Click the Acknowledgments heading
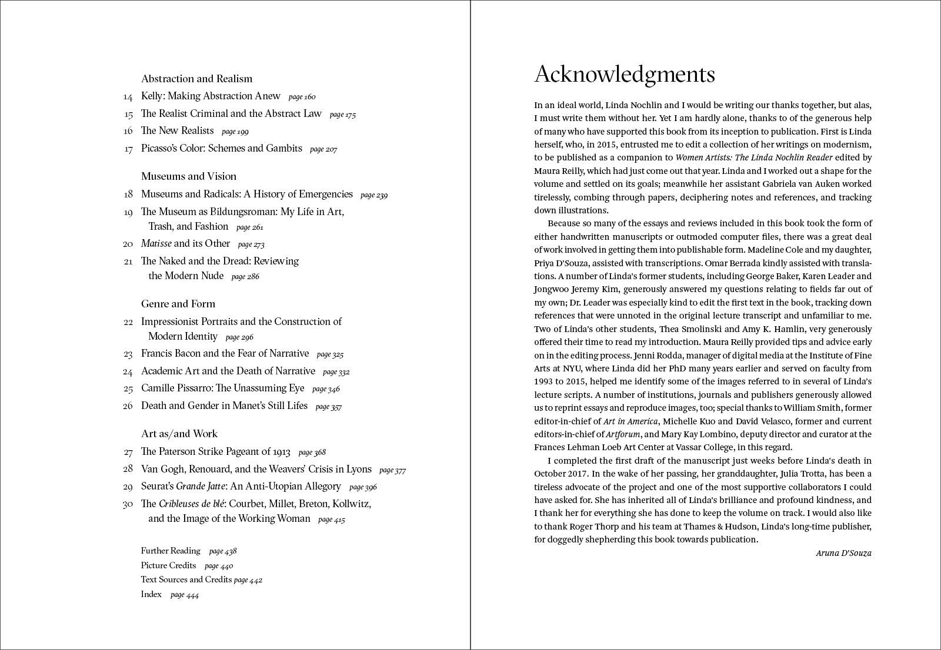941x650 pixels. point(624,75)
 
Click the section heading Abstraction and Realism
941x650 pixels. point(196,79)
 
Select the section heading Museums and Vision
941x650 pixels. point(188,176)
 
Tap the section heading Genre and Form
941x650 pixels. point(178,304)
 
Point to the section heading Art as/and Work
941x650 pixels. point(179,434)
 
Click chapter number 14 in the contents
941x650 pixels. point(128,97)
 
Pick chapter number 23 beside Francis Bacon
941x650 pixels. point(128,354)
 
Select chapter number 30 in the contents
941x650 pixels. point(128,504)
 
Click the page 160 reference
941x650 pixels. point(302,97)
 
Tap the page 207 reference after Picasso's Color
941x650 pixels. point(323,149)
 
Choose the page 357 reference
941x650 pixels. point(328,407)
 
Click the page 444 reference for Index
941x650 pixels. point(185,595)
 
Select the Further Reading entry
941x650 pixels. point(171,551)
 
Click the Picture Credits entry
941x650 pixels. point(168,565)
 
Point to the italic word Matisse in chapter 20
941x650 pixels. point(156,243)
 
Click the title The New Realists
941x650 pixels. point(177,130)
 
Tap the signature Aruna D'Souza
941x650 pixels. point(843,553)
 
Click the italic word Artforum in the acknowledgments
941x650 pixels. point(623,434)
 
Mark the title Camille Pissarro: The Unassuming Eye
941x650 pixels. point(222,388)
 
